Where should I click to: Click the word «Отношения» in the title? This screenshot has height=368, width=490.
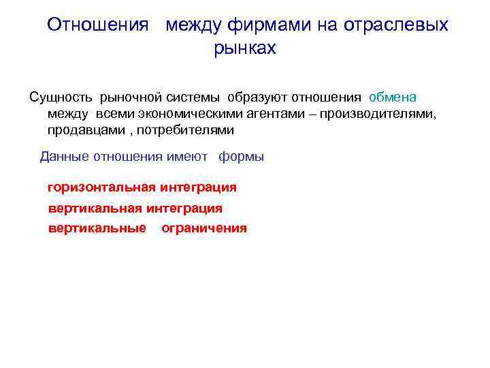pos(97,25)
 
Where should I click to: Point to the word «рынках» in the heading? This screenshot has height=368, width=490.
pos(245,48)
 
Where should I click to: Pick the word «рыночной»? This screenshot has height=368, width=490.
pos(129,97)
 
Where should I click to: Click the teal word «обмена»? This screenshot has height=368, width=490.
pos(393,97)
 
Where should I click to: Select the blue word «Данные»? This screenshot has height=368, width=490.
pos(64,157)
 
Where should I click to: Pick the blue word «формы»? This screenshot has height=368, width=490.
pos(241,157)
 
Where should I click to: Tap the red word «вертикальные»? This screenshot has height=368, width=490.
pos(97,228)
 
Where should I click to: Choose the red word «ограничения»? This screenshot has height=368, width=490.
pos(204,228)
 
